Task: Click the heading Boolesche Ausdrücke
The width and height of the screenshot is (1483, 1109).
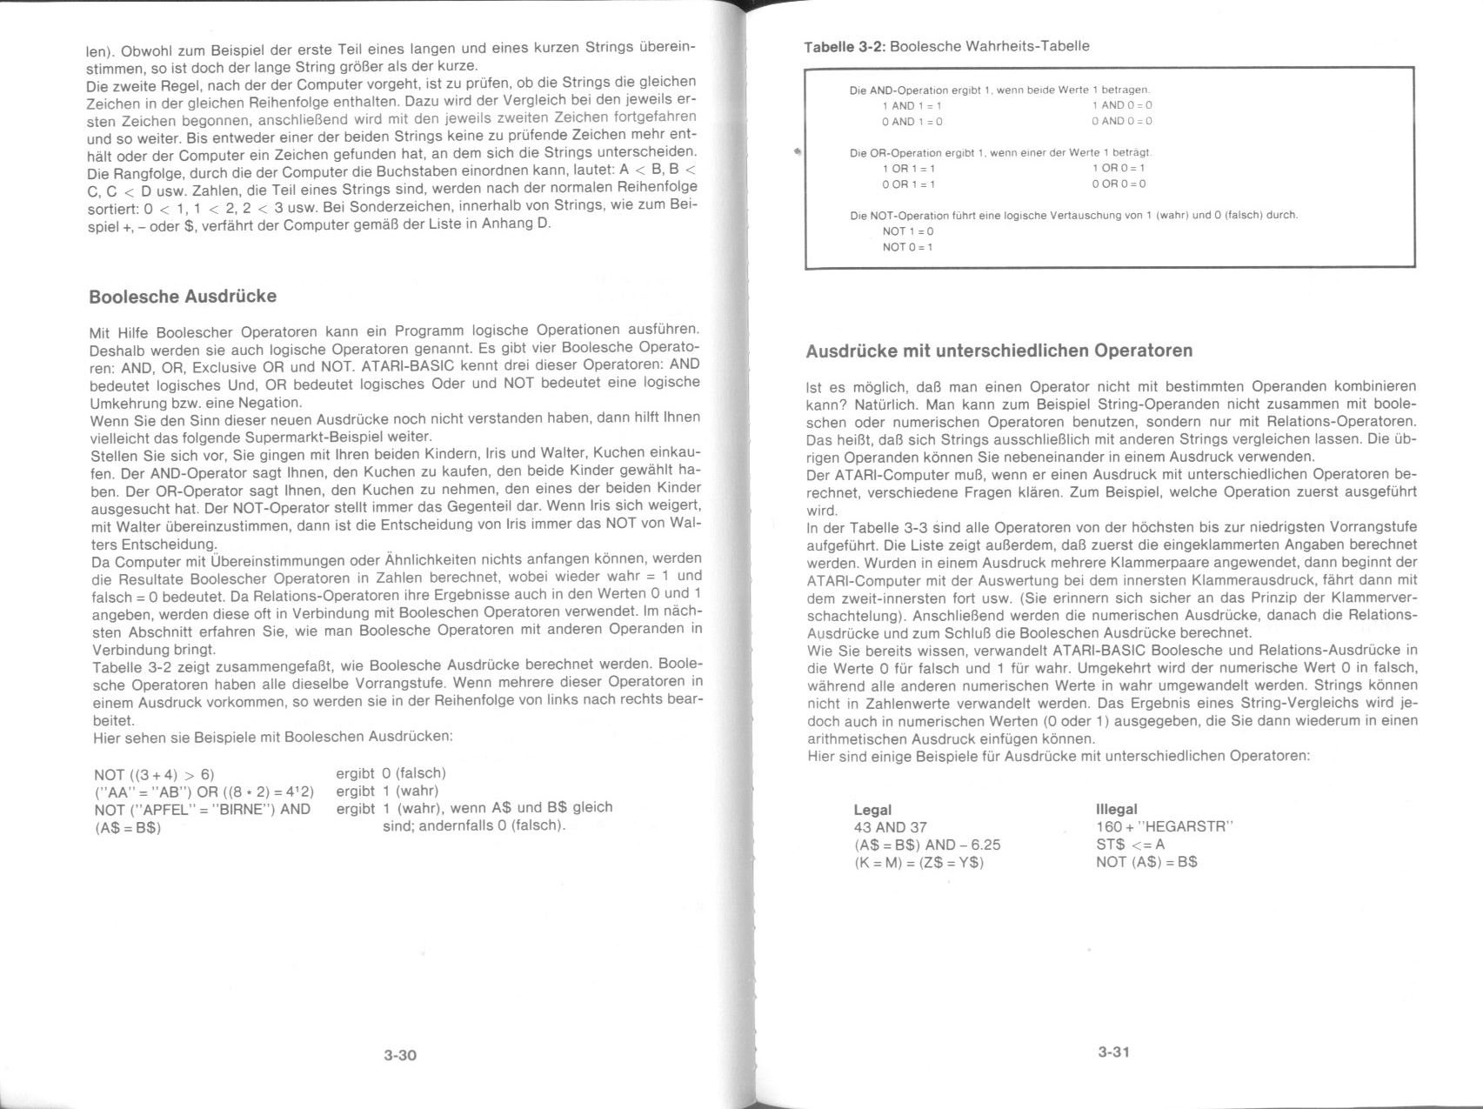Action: [x=183, y=297]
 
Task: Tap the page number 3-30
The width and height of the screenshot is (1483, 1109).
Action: [x=400, y=1056]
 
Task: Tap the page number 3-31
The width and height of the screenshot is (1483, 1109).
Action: [x=1113, y=1052]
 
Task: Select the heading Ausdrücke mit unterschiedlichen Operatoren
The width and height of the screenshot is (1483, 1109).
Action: [x=999, y=351]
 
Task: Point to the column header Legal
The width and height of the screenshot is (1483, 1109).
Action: [x=872, y=810]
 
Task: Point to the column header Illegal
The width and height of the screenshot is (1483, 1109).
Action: [x=1117, y=810]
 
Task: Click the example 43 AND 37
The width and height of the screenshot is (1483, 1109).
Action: [x=891, y=827]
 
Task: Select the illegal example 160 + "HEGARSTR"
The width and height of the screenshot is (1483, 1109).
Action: [x=1165, y=827]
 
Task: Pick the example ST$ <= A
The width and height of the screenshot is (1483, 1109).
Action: [x=1130, y=845]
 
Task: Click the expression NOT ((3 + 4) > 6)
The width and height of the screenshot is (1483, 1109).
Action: [x=154, y=774]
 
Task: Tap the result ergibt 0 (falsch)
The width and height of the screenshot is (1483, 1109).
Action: [x=391, y=773]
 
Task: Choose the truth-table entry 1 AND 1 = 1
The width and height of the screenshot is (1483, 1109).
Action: [x=912, y=105]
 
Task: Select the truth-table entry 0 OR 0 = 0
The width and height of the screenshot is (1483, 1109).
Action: [x=1119, y=184]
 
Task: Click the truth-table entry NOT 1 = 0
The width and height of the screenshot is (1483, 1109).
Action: [x=907, y=231]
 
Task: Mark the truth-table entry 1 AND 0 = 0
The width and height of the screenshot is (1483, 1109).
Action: [x=1122, y=105]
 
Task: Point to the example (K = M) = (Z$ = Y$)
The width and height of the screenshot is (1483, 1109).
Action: [x=919, y=863]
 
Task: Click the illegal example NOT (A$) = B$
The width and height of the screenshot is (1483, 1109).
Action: [x=1146, y=863]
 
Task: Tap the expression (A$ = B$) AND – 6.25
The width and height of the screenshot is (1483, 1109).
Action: [x=927, y=845]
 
